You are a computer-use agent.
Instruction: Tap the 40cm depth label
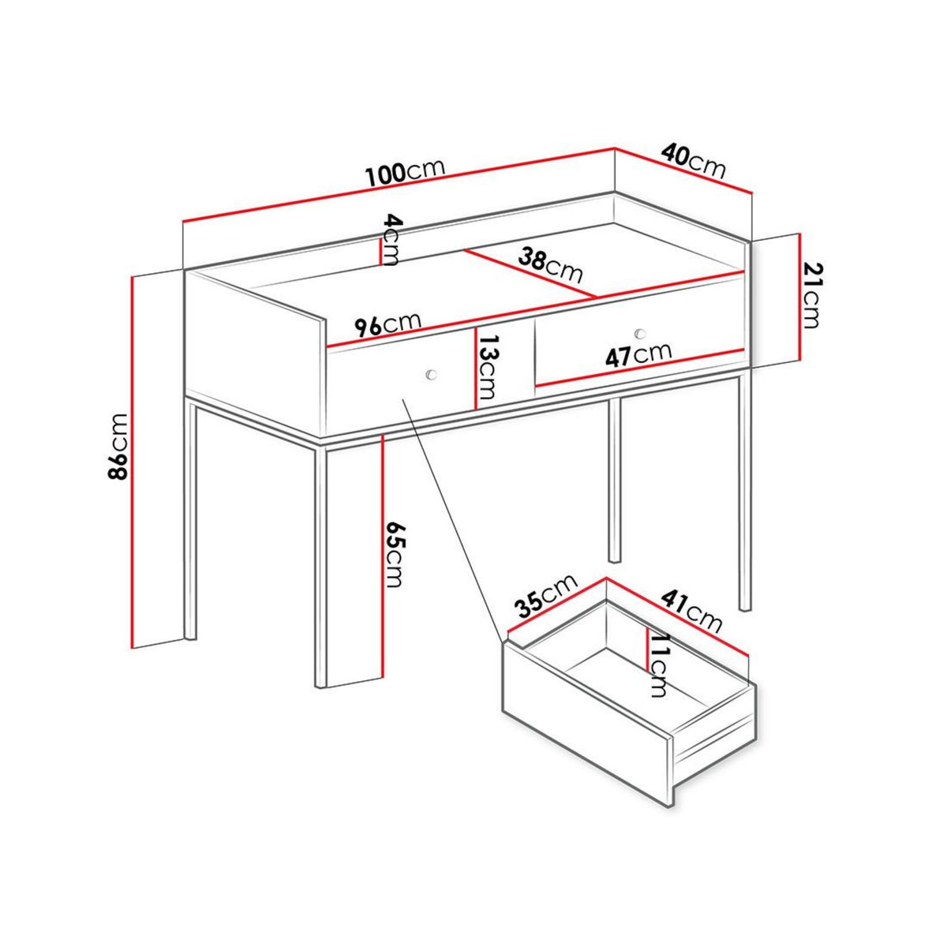coord(694,159)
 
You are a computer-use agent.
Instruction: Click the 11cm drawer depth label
coord(657,664)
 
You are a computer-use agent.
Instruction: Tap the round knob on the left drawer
coord(431,374)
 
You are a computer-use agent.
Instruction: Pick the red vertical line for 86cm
coord(132,461)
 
